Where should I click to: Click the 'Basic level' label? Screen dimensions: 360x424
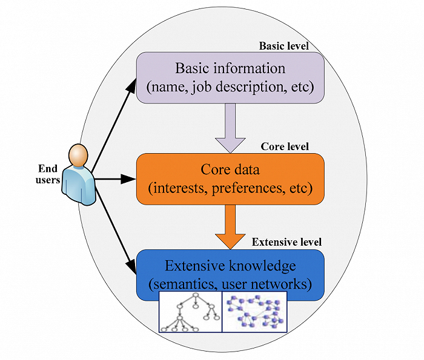[x=284, y=46]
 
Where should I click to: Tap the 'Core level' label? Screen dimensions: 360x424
[x=285, y=146]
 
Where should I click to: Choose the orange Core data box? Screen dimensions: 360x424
[x=230, y=178]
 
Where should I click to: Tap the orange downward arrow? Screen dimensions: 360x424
[x=230, y=226]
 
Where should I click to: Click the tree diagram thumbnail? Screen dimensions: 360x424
[x=190, y=311]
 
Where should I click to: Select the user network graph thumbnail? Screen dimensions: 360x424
[x=254, y=311]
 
